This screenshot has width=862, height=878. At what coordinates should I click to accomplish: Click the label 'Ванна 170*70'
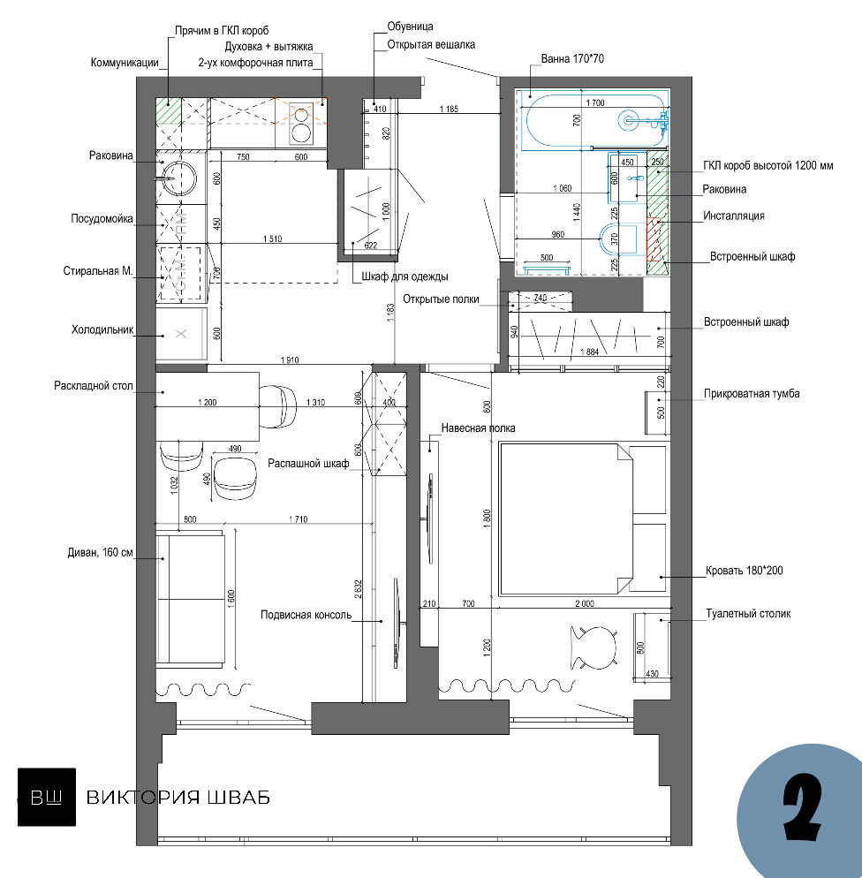tap(572, 59)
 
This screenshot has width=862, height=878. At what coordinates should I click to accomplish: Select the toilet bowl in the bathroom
tap(616, 239)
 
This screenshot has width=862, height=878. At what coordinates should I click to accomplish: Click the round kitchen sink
tap(179, 178)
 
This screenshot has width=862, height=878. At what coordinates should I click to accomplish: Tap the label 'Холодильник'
tap(102, 329)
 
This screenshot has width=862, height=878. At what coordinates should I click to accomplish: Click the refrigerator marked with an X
tap(181, 334)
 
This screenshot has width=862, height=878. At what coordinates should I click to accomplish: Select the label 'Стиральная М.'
tap(98, 271)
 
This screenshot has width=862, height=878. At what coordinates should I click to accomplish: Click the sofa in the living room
tap(190, 597)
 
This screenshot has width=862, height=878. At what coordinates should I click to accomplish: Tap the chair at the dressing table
tap(594, 647)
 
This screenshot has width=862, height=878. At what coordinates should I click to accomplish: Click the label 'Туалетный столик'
tap(748, 614)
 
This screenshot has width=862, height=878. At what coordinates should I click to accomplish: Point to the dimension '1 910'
tap(290, 360)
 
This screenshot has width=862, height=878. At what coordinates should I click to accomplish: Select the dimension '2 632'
tap(359, 589)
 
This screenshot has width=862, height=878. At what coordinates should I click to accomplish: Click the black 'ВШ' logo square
tap(47, 797)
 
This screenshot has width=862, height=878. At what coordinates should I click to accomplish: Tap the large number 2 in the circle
tap(802, 806)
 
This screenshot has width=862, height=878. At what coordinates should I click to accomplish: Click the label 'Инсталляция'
tap(733, 216)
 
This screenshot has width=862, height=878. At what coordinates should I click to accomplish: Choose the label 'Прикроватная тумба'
tap(752, 394)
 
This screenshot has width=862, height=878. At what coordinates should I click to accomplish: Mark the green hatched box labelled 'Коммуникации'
tap(169, 110)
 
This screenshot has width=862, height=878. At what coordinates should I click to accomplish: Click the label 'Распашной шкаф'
tap(308, 464)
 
